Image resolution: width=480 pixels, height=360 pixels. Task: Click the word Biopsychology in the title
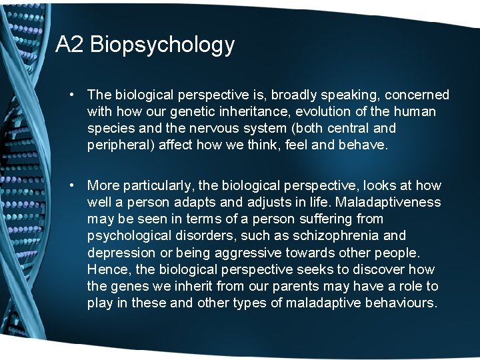pos(162,45)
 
